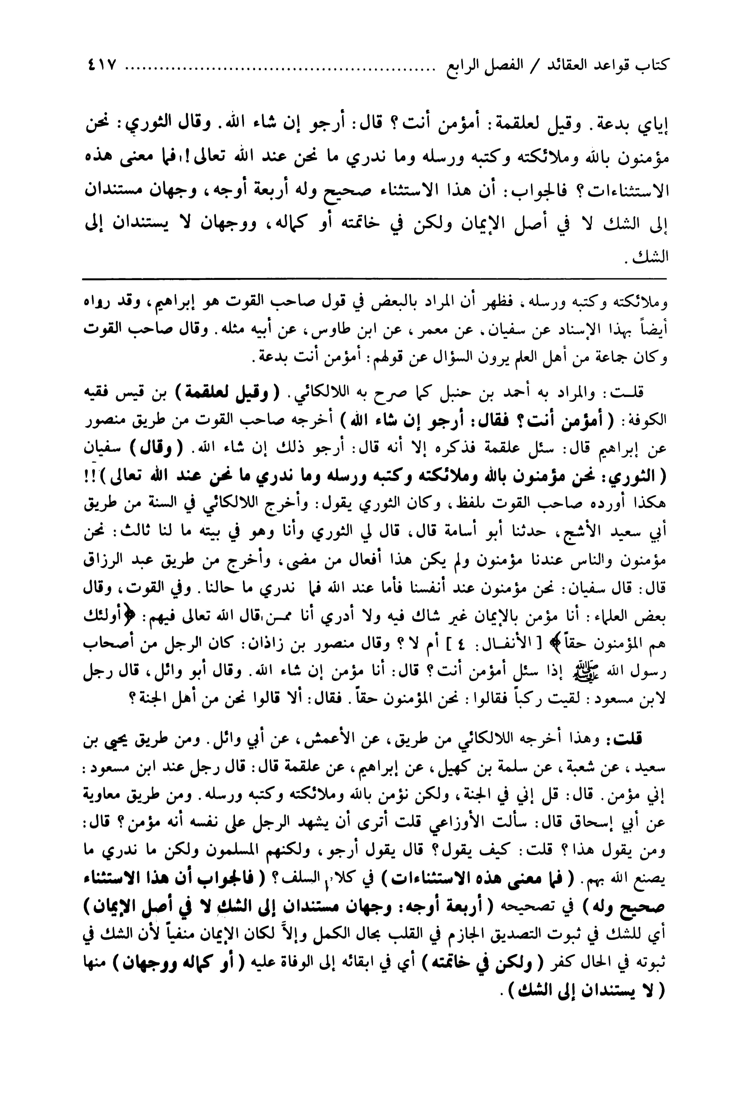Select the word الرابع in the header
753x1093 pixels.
466,65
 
